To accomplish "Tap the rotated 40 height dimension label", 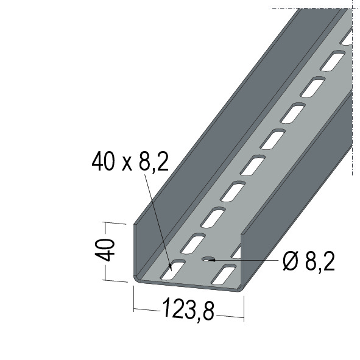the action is [x=105, y=250].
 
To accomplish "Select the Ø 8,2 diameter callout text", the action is [x=309, y=261].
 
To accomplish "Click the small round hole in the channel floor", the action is [x=208, y=259].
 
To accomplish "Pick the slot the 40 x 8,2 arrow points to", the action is [x=173, y=269].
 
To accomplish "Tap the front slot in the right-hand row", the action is [x=224, y=275].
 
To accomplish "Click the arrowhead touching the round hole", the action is [x=211, y=260].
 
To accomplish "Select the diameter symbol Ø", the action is [x=291, y=262].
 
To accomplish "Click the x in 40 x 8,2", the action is [x=127, y=164].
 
